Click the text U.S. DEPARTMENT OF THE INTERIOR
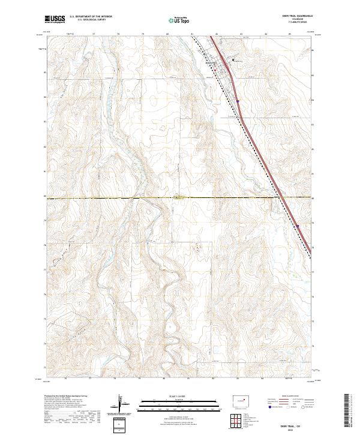click(90, 17)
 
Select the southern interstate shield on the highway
click(298, 226)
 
